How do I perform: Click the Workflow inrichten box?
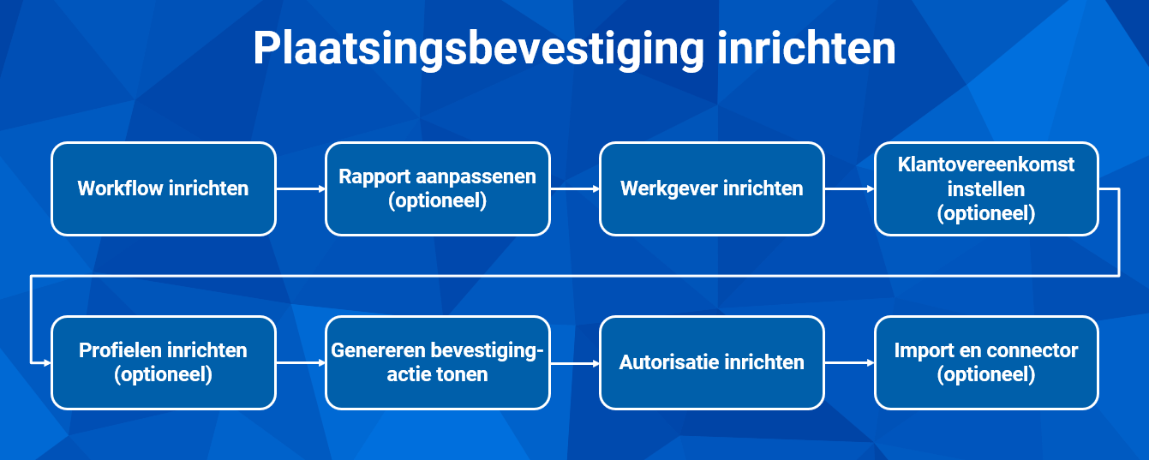click(x=164, y=188)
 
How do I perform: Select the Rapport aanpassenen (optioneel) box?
click(x=438, y=188)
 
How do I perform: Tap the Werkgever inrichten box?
click(x=712, y=188)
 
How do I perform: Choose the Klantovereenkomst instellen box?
click(x=986, y=188)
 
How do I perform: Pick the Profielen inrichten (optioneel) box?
click(x=164, y=362)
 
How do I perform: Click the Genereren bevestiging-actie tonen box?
click(x=438, y=362)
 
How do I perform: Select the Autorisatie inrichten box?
click(x=712, y=362)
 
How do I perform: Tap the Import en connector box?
click(x=986, y=362)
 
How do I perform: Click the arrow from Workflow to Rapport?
click(x=301, y=188)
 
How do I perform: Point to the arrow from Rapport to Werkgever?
click(x=575, y=188)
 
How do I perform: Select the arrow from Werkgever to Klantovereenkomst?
click(x=849, y=188)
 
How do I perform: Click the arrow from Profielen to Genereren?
click(x=301, y=362)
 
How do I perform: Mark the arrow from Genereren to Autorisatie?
click(x=575, y=363)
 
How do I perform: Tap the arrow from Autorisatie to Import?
click(x=849, y=362)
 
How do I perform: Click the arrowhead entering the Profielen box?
click(x=48, y=363)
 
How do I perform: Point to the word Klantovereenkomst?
click(x=986, y=164)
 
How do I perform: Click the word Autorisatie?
click(x=670, y=362)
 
